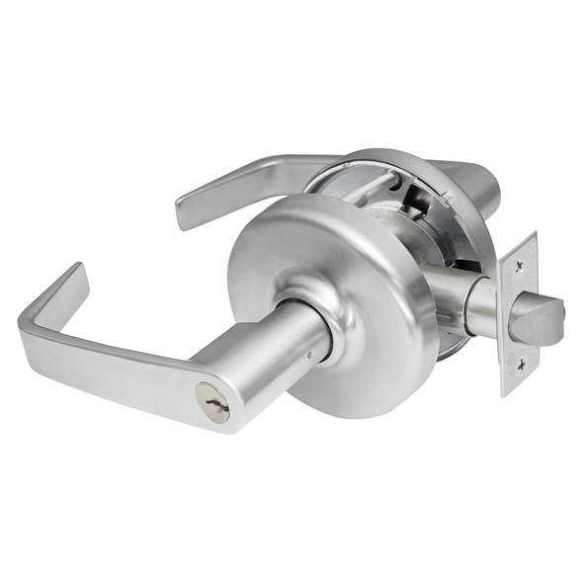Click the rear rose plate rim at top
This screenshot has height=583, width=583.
click(395, 156)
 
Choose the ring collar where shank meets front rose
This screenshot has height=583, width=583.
click(331, 331)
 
